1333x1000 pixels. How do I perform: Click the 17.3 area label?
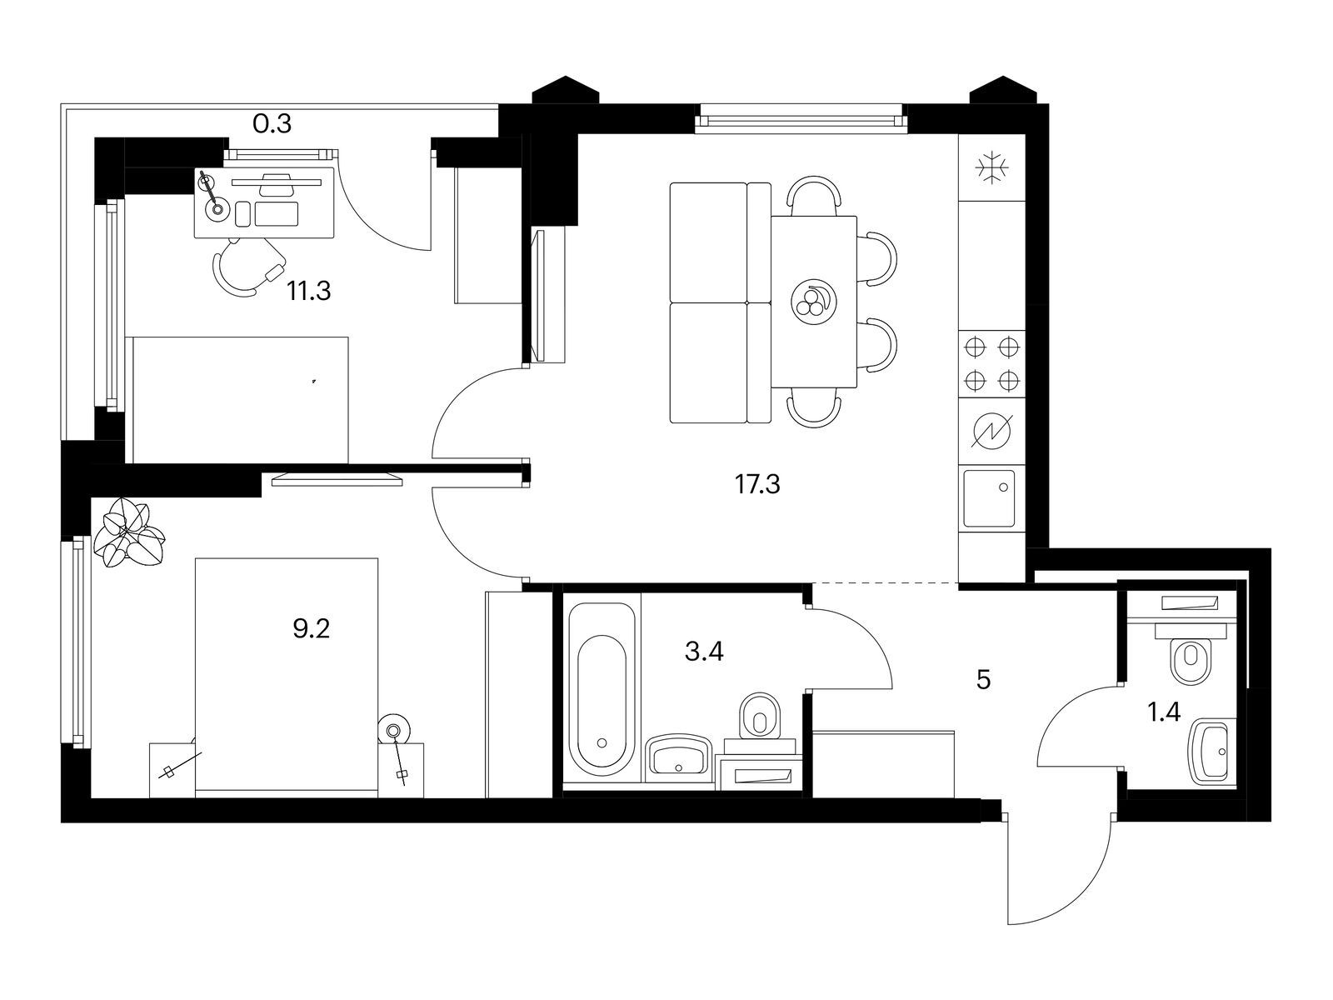(x=757, y=484)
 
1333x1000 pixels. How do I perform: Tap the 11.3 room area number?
(x=309, y=291)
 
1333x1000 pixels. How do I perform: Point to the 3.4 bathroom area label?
(x=704, y=652)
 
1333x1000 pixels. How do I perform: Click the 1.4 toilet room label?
(x=1164, y=712)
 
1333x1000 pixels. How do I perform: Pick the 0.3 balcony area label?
(x=272, y=124)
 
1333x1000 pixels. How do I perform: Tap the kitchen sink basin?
(x=989, y=497)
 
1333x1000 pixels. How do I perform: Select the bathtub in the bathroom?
(x=602, y=689)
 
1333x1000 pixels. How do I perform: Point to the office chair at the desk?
(x=247, y=267)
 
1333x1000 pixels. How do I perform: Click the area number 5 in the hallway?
(x=983, y=679)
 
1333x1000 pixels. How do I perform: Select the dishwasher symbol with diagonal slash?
(x=991, y=432)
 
